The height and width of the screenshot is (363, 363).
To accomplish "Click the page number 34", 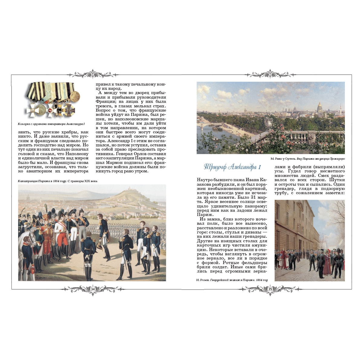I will (93, 289).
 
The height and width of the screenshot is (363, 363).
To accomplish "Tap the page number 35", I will (270, 289).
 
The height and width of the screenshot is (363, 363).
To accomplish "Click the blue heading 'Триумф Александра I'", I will (232, 167).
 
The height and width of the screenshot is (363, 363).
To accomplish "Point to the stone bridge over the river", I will (209, 124).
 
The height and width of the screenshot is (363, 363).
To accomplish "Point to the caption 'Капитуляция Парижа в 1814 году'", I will (42, 181).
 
